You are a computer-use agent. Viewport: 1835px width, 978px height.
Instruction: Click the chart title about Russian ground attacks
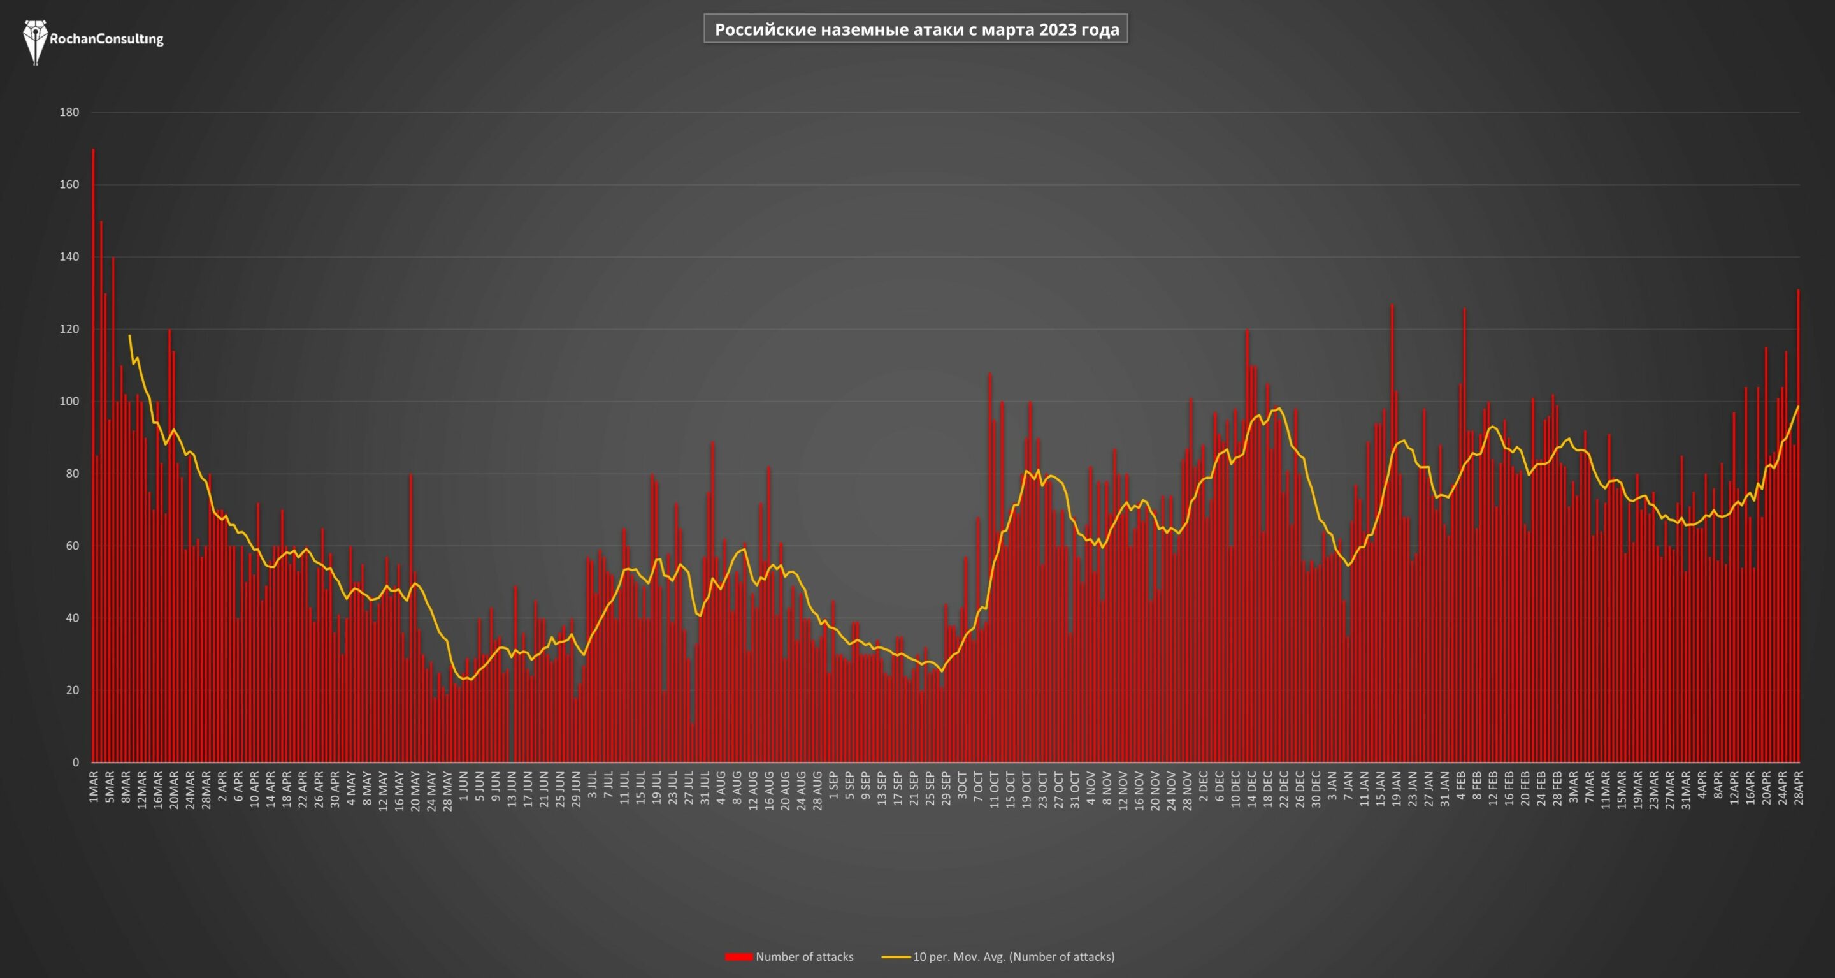coord(916,29)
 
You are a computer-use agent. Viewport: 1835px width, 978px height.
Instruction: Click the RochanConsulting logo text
coord(106,39)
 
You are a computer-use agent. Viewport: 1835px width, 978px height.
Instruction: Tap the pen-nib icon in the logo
coord(34,41)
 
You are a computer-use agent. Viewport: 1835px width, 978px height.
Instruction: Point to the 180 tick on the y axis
coord(69,113)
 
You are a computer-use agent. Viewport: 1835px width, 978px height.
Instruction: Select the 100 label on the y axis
coord(69,401)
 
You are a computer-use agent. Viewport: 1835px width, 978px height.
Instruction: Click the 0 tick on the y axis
coord(76,763)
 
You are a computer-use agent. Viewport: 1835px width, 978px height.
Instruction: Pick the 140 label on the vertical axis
coord(69,257)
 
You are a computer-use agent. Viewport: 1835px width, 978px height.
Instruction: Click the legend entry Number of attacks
coord(803,956)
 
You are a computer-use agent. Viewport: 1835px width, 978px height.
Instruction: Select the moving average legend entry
coord(1013,956)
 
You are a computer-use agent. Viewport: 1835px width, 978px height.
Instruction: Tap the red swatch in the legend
coord(738,956)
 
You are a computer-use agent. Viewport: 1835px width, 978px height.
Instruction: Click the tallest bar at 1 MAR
coord(93,456)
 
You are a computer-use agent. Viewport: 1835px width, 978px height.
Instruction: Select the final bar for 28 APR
coord(1798,527)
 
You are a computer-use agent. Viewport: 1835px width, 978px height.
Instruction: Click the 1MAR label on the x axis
coord(93,786)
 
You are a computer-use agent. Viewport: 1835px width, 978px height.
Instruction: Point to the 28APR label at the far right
coord(1799,787)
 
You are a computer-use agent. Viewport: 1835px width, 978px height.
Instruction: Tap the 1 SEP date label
coord(833,787)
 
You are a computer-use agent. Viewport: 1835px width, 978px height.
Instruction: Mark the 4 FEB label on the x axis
coord(1461,787)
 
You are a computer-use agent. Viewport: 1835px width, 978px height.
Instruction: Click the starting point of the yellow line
coord(129,335)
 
